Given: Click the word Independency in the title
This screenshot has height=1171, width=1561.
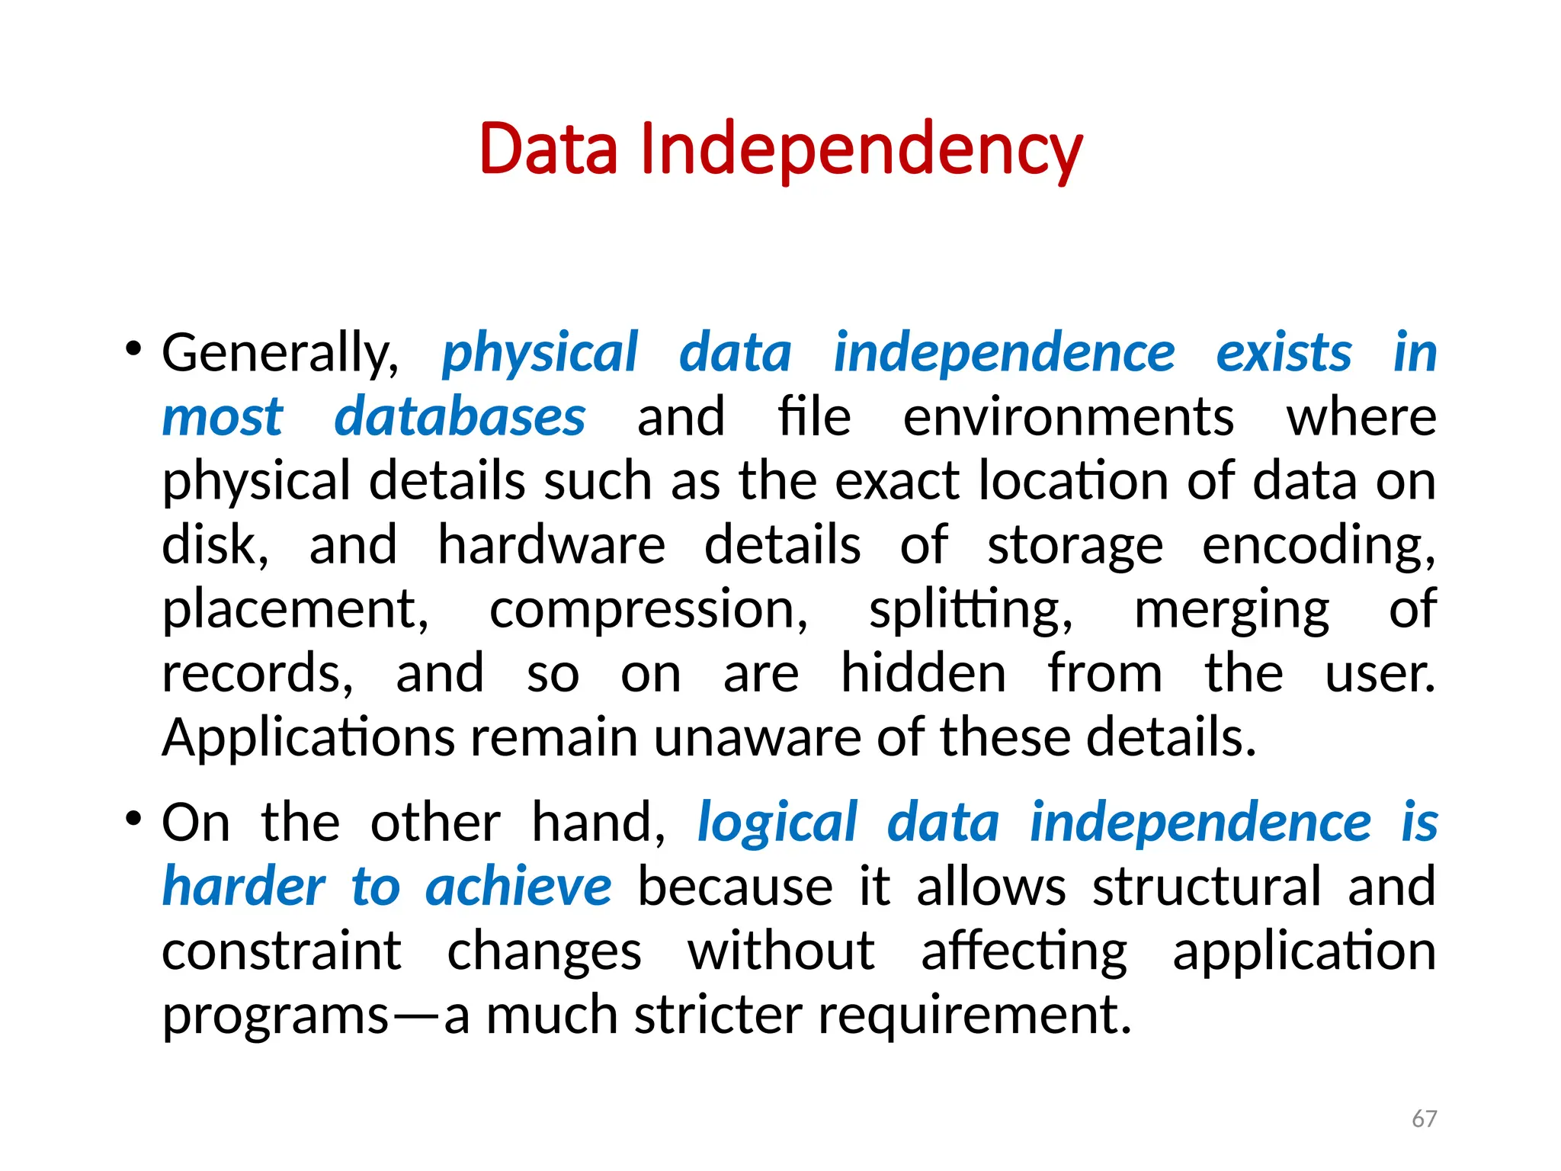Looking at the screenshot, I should [861, 149].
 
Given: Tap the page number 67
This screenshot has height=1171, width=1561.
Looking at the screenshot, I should [1424, 1118].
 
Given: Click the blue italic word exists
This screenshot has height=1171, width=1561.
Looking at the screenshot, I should [1284, 354].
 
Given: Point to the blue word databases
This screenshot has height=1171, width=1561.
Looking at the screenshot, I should [460, 418].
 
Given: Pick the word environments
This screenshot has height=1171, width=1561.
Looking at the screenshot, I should [1068, 418].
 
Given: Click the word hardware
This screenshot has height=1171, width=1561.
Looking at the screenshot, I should [551, 546].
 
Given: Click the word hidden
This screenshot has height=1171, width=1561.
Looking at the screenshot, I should [923, 674].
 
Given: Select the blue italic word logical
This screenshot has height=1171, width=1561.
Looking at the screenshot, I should [777, 823].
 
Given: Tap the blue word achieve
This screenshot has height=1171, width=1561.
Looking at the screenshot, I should [518, 887].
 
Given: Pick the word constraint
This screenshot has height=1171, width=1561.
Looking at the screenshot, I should [281, 951].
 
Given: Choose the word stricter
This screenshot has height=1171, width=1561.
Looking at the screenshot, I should [718, 1015].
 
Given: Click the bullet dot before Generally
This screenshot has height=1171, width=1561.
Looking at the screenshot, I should [133, 350].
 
